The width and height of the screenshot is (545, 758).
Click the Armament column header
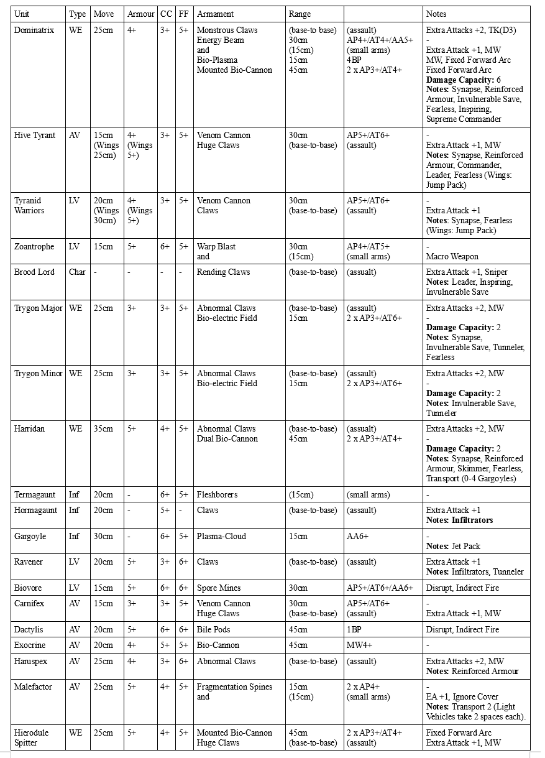pyautogui.click(x=215, y=14)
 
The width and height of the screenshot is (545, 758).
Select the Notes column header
pyautogui.click(x=436, y=14)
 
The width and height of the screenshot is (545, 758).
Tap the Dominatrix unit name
pyautogui.click(x=34, y=30)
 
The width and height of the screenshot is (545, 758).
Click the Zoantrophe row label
pyautogui.click(x=35, y=246)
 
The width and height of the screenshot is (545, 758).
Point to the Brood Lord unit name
pyautogui.click(x=34, y=272)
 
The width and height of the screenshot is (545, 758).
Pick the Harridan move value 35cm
pyautogui.click(x=103, y=428)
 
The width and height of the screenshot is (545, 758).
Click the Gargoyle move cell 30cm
pyautogui.click(x=103, y=536)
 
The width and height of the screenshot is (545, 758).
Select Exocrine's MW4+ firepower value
pyautogui.click(x=359, y=645)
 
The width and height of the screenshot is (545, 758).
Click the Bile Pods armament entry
pyautogui.click(x=214, y=629)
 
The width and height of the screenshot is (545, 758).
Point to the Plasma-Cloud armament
pyautogui.click(x=221, y=536)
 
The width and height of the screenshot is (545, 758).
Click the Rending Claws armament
pyautogui.click(x=223, y=272)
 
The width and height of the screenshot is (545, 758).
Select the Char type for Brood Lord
pyautogui.click(x=77, y=272)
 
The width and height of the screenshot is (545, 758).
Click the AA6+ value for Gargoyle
pyautogui.click(x=357, y=536)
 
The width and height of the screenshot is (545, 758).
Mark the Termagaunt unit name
pyautogui.click(x=35, y=494)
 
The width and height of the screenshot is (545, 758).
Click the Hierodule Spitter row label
pyautogui.click(x=31, y=737)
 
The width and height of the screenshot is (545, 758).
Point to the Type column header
pyautogui.click(x=77, y=14)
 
